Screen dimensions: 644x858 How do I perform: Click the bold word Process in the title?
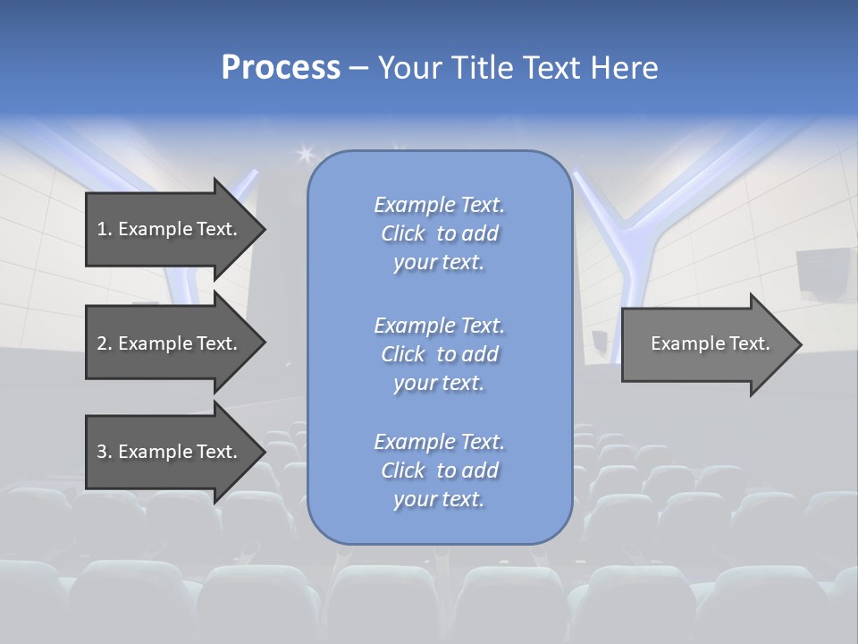tap(281, 68)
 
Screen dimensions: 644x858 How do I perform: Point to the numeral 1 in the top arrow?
tap(101, 229)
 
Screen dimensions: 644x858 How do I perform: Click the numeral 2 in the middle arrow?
tap(101, 343)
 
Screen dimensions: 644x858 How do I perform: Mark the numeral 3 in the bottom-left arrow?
tap(101, 452)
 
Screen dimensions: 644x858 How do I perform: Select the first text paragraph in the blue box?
tap(439, 233)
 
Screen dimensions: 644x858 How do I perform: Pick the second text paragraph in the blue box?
tap(439, 353)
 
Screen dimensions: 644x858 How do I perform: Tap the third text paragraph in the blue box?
tap(439, 470)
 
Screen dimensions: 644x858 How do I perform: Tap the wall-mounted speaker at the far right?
tap(818, 273)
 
